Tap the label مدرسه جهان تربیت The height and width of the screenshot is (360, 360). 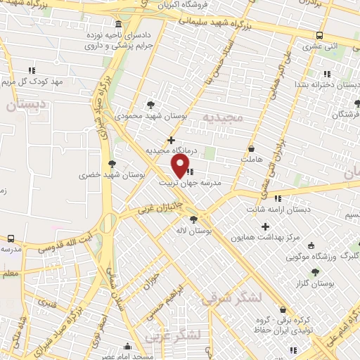191,182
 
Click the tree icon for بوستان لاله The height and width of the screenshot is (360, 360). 194,219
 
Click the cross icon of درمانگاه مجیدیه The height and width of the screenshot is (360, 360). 171,140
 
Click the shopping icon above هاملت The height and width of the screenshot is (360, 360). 252,148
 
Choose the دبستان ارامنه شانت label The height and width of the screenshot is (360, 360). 278,210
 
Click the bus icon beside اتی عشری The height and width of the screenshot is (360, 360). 320,36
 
